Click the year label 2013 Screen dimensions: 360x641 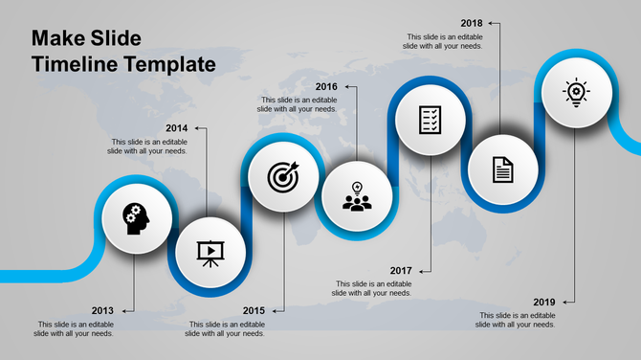[x=102, y=310]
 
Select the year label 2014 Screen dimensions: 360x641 [x=176, y=128]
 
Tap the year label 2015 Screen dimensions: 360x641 [x=254, y=310]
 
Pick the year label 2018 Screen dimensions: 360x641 [x=471, y=23]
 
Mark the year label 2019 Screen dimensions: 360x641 [x=543, y=302]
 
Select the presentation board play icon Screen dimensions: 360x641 [x=209, y=251]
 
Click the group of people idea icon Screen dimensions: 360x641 [x=357, y=197]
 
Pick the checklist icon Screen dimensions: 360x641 [x=431, y=119]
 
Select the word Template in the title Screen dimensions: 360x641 [x=169, y=65]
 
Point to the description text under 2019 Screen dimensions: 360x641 [x=517, y=320]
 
